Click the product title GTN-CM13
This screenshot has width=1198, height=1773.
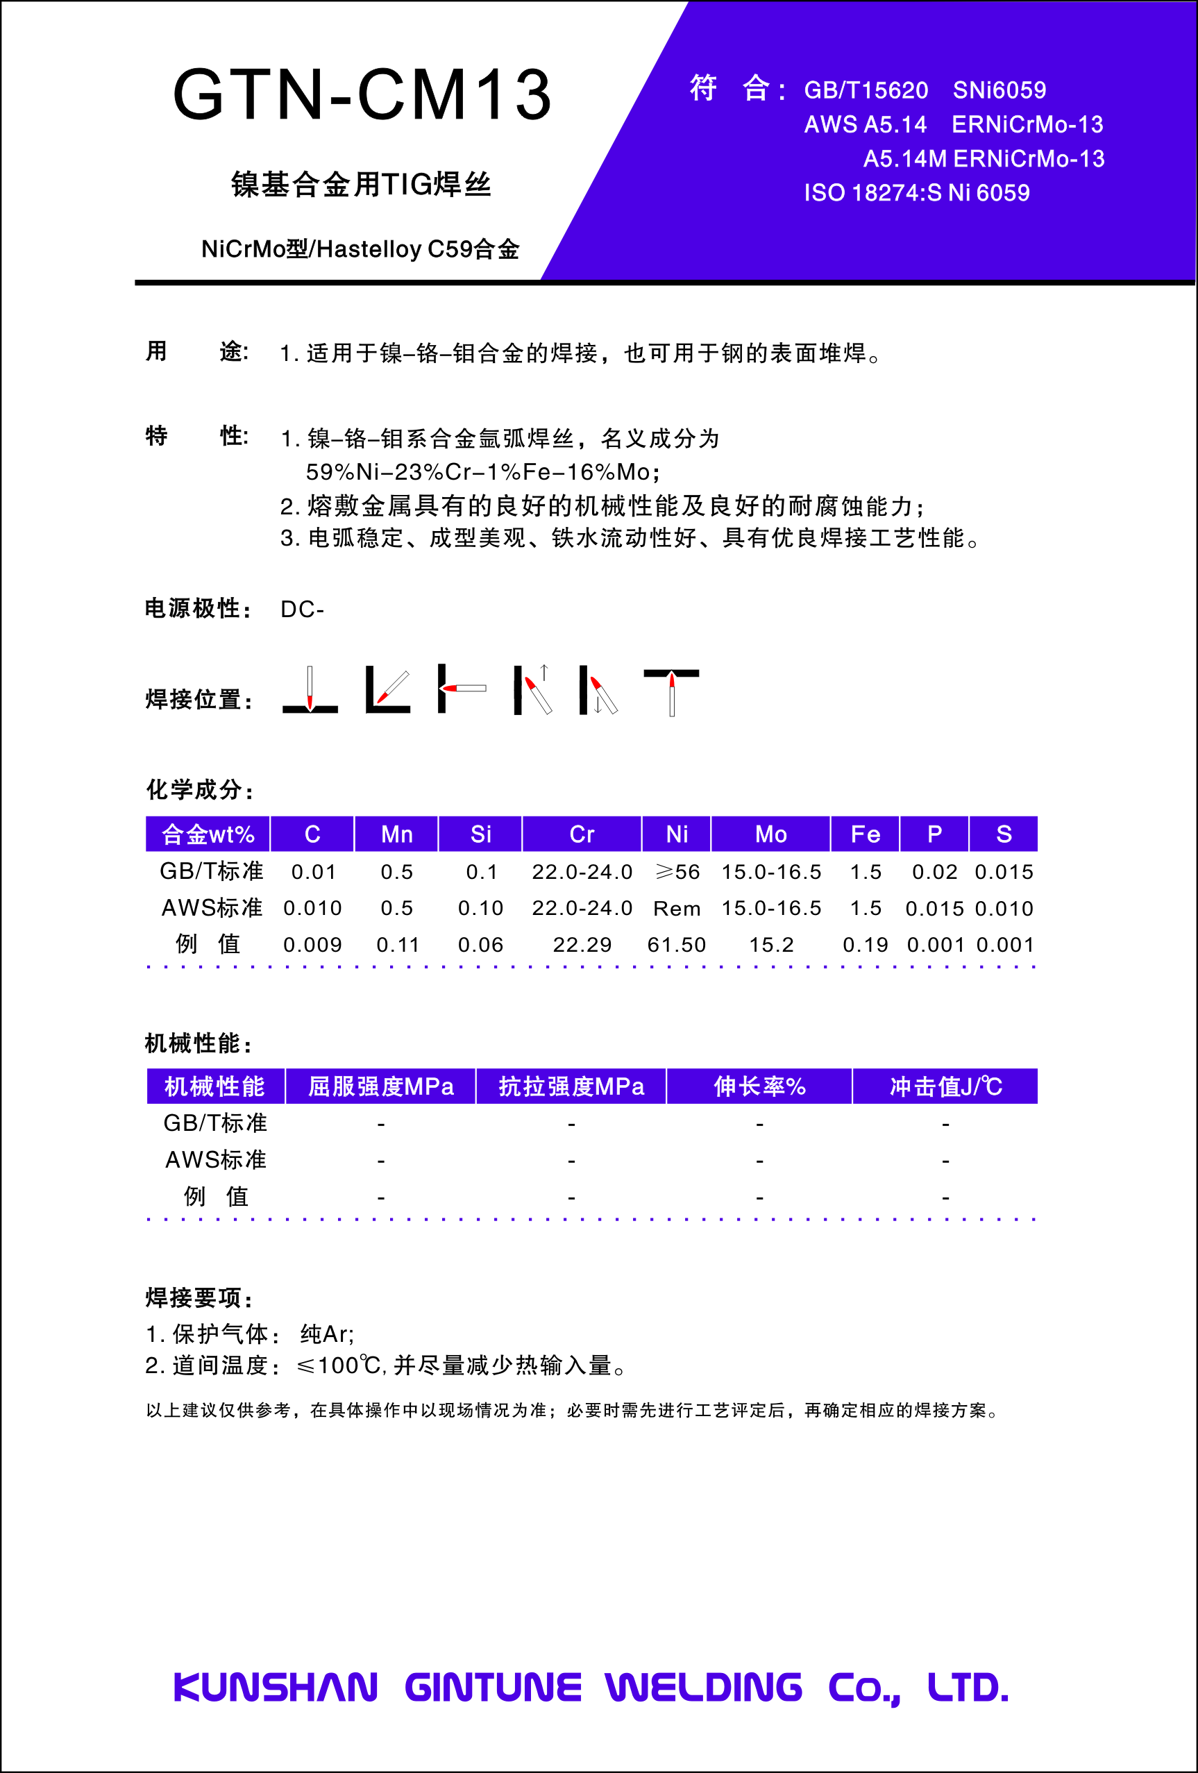362,94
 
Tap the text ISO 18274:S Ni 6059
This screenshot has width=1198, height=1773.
917,193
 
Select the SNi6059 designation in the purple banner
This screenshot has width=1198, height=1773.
999,91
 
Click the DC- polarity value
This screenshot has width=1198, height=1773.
302,610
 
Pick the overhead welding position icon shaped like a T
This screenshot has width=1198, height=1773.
671,691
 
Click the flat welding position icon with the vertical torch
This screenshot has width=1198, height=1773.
310,691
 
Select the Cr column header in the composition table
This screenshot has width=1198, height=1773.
582,834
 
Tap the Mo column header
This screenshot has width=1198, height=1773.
771,834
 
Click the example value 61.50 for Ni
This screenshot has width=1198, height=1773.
677,946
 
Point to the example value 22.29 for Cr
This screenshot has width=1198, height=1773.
582,946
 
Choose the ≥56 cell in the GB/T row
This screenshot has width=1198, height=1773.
677,872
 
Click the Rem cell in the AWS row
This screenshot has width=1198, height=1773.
677,909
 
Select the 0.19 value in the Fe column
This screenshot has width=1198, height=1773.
866,946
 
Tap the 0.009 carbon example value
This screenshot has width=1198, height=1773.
312,946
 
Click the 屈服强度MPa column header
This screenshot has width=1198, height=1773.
380,1086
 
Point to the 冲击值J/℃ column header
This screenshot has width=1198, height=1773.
945,1086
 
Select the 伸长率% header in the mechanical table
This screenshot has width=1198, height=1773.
759,1086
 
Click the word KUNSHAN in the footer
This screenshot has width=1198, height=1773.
276,1688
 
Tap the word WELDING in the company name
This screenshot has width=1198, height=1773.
703,1688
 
